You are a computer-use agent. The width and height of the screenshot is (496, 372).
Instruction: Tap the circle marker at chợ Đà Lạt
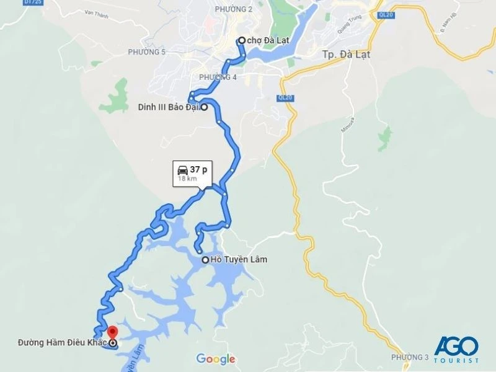[x=242, y=40]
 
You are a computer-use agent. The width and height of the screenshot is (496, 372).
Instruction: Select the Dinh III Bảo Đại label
[x=168, y=107]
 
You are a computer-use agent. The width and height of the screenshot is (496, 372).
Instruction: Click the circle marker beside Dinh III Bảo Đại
[x=203, y=107]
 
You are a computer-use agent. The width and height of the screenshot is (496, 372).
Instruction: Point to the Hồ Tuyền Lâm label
[x=239, y=259]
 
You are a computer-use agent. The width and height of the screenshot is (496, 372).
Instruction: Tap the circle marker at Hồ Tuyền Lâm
[x=205, y=260]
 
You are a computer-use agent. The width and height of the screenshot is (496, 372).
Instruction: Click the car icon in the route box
[x=183, y=169]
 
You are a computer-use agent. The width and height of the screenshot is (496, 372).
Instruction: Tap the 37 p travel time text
[x=198, y=169]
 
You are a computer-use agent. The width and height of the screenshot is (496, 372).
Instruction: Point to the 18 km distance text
[x=187, y=179]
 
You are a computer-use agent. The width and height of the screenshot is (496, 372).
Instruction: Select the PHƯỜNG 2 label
[x=234, y=9]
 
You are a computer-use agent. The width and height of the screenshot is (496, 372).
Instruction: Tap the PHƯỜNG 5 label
[x=146, y=51]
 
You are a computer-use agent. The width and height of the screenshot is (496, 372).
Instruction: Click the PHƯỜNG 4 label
[x=218, y=77]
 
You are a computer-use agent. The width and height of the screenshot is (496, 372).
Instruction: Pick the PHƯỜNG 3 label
[x=410, y=358]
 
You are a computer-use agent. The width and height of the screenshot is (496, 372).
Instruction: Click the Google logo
[x=216, y=359]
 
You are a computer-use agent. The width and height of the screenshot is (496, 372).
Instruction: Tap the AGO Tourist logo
[x=456, y=350]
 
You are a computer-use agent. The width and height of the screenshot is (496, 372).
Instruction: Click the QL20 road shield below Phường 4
[x=285, y=97]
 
